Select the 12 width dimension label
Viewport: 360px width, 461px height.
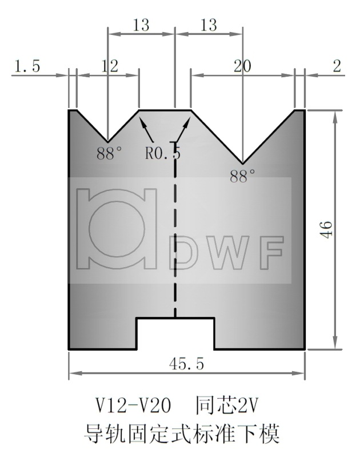point(109,66)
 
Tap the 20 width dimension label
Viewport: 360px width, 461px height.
point(242,66)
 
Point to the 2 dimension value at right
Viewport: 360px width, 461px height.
point(337,66)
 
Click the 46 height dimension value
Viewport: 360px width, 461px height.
point(325,229)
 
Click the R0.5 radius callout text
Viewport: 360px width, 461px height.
point(163,153)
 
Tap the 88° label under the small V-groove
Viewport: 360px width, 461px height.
point(109,153)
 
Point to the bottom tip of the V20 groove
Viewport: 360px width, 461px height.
point(243,163)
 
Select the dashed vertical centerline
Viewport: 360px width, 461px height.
point(175,240)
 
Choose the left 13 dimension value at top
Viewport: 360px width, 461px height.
point(141,25)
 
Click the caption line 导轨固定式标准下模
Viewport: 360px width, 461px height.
point(182,434)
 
